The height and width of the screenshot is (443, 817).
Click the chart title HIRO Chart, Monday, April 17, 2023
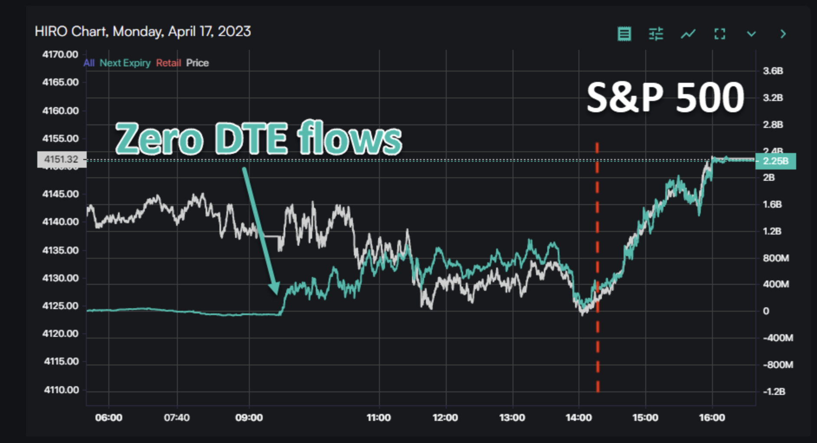(x=143, y=32)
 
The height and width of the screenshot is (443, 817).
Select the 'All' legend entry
(x=89, y=63)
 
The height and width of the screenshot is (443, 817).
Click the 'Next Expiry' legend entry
(x=125, y=63)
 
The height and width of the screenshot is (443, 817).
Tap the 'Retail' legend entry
(x=168, y=63)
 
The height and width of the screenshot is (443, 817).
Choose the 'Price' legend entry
(x=197, y=63)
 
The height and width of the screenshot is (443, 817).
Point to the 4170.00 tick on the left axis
(x=60, y=55)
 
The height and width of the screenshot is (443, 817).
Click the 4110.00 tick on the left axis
(x=61, y=390)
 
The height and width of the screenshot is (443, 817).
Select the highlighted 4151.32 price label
(x=62, y=160)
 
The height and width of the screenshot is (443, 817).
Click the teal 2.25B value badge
(x=775, y=161)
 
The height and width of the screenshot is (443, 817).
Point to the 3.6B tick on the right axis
(x=773, y=71)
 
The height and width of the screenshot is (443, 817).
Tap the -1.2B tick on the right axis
(x=774, y=391)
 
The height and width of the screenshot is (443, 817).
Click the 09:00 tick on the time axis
(x=249, y=417)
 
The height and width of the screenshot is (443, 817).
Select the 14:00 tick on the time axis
(x=578, y=417)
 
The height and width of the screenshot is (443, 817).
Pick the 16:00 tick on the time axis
(x=712, y=417)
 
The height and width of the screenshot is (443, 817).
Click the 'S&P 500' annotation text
(x=665, y=98)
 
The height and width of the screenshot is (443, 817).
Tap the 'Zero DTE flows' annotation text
(x=258, y=139)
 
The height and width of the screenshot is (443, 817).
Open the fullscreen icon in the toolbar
(x=719, y=34)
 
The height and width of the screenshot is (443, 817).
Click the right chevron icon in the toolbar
(x=783, y=34)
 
